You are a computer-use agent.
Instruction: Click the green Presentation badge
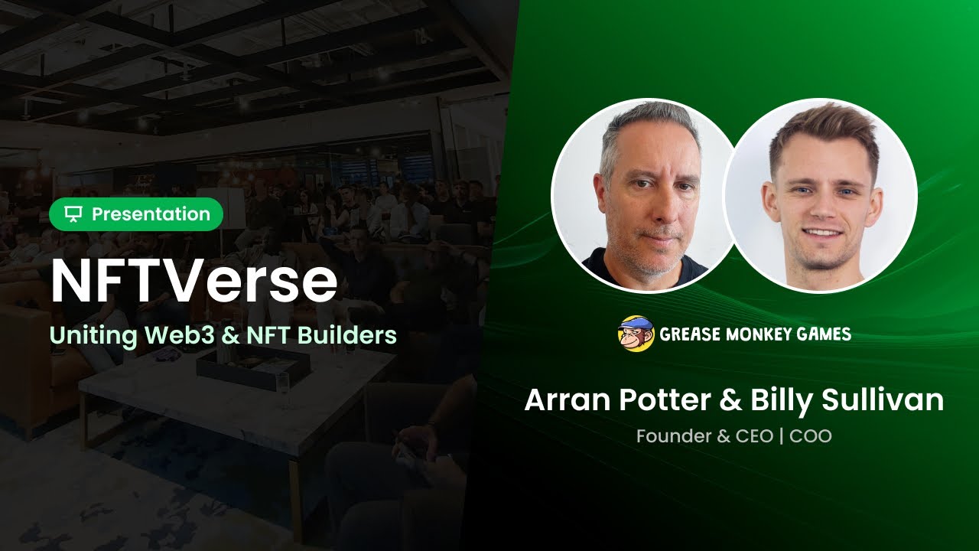[x=136, y=214]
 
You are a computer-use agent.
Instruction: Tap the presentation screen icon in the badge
[x=73, y=214]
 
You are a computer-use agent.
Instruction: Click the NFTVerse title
[x=194, y=282]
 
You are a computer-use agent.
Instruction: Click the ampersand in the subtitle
[x=226, y=335]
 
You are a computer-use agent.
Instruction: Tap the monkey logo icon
[x=636, y=334]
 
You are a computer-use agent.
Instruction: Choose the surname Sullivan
[x=887, y=400]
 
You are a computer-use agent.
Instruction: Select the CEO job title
[x=754, y=437]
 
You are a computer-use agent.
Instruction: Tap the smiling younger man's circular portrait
[x=821, y=195]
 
